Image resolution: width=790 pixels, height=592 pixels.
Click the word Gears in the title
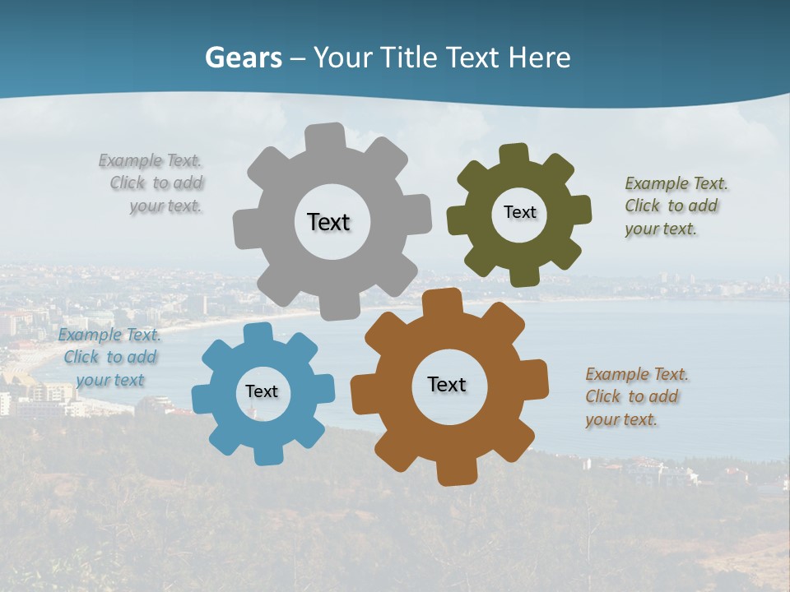tap(243, 58)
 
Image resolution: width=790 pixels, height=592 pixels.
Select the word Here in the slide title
tap(539, 58)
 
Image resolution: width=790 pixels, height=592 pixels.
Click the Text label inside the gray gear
tap(328, 222)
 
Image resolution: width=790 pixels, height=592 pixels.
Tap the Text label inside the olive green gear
tap(519, 212)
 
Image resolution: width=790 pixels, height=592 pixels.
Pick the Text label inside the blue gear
tap(262, 391)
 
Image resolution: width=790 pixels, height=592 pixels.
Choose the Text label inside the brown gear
tap(447, 384)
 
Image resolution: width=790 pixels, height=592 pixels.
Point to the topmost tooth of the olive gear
tap(513, 155)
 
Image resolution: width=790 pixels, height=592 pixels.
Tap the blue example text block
tap(109, 358)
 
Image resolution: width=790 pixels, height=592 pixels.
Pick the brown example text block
tap(635, 396)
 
